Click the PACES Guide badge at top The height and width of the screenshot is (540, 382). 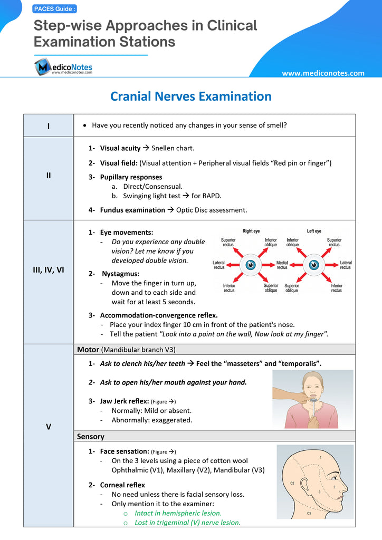pyautogui.click(x=55, y=9)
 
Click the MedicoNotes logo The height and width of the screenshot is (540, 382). pyautogui.click(x=63, y=67)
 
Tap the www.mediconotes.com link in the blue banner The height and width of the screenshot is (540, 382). pyautogui.click(x=323, y=73)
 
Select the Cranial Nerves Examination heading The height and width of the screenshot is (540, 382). pyautogui.click(x=190, y=97)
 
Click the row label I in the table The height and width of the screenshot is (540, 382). pyautogui.click(x=49, y=126)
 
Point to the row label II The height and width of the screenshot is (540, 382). pyautogui.click(x=49, y=175)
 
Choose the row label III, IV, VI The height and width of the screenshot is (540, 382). pyautogui.click(x=49, y=269)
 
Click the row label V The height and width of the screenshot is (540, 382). pyautogui.click(x=49, y=427)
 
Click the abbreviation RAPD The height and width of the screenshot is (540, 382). pyautogui.click(x=212, y=196)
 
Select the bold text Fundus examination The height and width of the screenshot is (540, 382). pyautogui.click(x=132, y=210)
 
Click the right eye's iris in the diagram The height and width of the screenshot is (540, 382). pyautogui.click(x=251, y=264)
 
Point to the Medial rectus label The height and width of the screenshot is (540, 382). pyautogui.click(x=282, y=265)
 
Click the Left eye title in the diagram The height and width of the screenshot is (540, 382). pyautogui.click(x=314, y=231)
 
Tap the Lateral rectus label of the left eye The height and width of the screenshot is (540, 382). pyautogui.click(x=346, y=265)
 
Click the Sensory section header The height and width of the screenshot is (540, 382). pyautogui.click(x=91, y=437)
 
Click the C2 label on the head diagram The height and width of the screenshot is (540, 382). pyautogui.click(x=292, y=483)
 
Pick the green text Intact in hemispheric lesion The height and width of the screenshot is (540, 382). pyautogui.click(x=178, y=513)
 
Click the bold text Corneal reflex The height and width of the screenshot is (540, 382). pyautogui.click(x=122, y=485)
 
